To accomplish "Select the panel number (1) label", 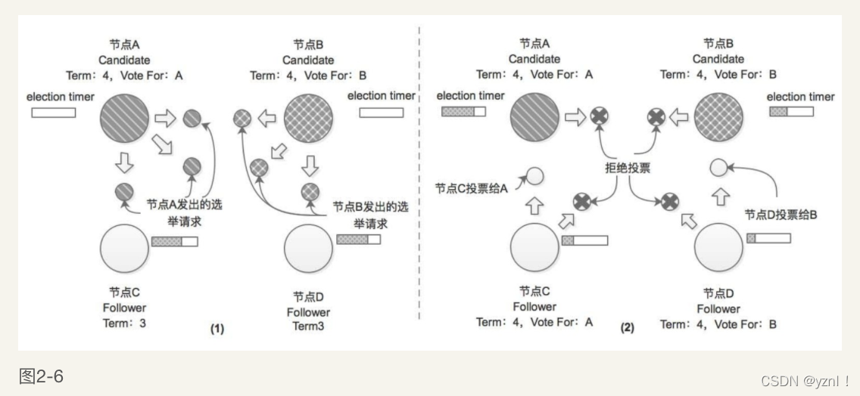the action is click(x=217, y=329).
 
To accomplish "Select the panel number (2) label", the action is click(x=627, y=329).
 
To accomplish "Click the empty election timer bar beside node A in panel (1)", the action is click(x=53, y=113).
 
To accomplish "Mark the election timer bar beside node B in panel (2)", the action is click(x=791, y=112).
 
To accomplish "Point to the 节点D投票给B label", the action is click(x=782, y=215).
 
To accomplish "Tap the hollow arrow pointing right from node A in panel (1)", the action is click(x=165, y=117).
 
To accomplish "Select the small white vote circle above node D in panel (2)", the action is click(x=718, y=168).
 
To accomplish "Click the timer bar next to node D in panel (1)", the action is click(x=358, y=239).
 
